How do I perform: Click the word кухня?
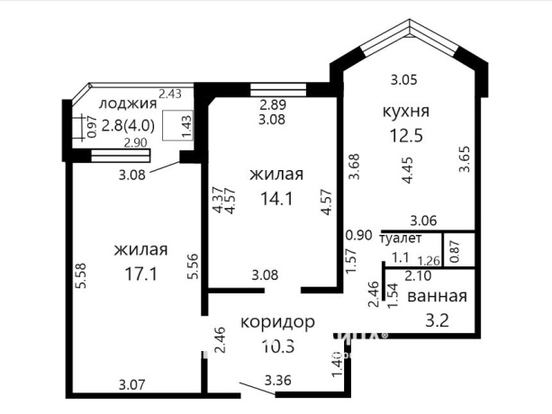404,112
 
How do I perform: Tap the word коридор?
278,321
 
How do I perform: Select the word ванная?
437,297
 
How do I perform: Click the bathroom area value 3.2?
437,318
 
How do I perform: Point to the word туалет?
403,238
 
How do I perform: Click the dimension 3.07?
132,386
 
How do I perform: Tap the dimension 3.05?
403,79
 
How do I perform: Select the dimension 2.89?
271,105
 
